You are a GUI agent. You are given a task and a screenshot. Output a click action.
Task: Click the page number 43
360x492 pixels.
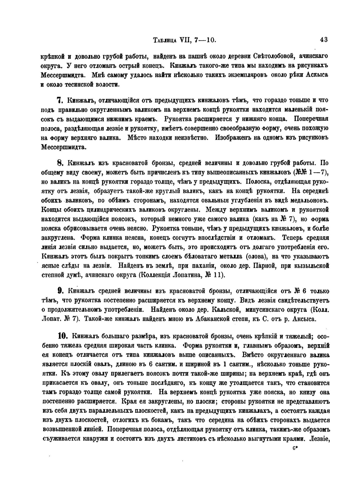[323, 40]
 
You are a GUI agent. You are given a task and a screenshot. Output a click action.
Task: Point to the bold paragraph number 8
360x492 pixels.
[60, 162]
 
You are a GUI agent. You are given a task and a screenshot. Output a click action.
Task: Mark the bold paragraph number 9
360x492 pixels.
[60, 291]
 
